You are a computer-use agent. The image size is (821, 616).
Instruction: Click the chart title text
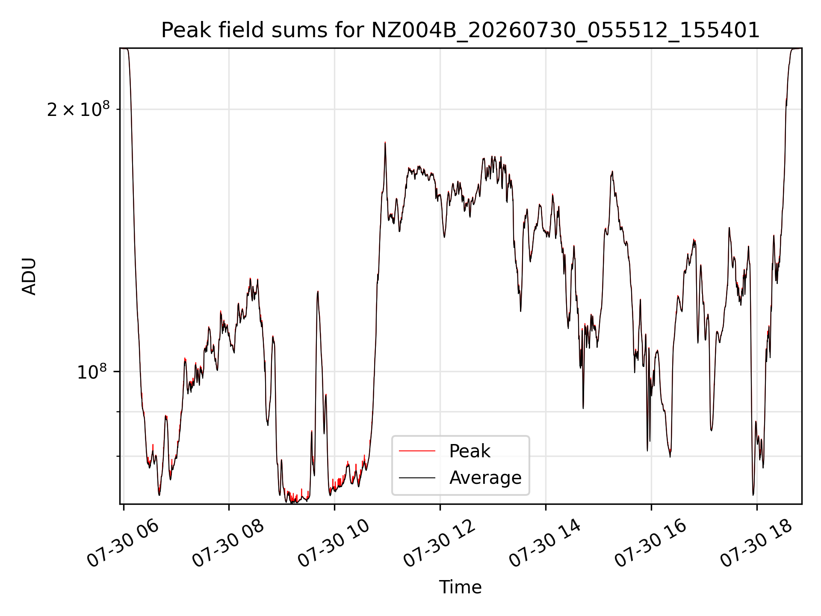460,30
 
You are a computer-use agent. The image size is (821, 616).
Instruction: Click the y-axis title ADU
29,276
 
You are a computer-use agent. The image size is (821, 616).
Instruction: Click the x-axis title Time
460,587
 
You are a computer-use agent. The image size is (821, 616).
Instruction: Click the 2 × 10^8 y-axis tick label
78,110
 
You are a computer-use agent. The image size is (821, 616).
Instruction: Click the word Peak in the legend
470,451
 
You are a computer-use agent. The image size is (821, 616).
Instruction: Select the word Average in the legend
485,477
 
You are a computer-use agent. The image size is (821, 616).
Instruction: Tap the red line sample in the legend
417,451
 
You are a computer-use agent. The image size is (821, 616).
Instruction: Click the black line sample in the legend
417,477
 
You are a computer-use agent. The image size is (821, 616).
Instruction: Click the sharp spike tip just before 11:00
385,142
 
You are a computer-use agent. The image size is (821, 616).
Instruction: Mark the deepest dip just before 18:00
753,495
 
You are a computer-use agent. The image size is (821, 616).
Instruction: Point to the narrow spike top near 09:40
318,291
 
